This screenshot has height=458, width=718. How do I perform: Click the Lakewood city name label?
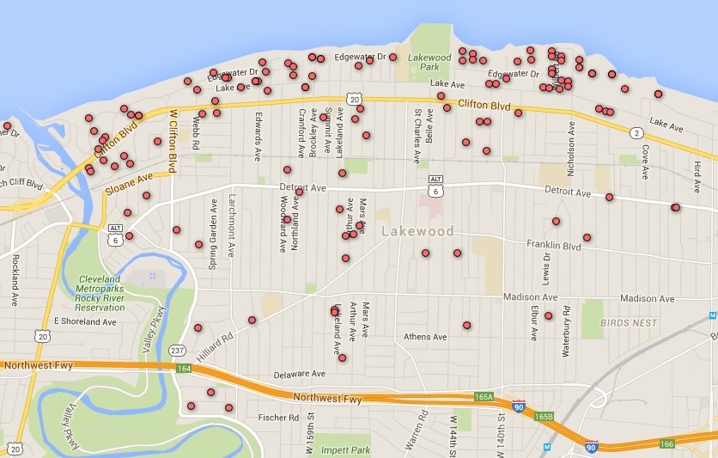click(x=417, y=231)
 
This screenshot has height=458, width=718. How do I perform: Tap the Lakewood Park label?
click(x=429, y=62)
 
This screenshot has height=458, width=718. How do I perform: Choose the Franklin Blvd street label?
click(x=554, y=246)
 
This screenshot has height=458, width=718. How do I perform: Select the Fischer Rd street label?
click(x=278, y=418)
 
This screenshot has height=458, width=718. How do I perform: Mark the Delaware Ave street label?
click(x=300, y=375)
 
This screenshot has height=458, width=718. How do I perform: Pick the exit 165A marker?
click(x=484, y=397)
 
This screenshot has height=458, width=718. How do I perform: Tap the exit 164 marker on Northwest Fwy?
click(x=183, y=368)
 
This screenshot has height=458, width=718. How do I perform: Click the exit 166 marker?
click(x=667, y=443)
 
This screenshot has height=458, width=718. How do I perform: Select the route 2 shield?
click(x=636, y=132)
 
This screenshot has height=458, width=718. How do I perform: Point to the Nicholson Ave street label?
click(x=570, y=142)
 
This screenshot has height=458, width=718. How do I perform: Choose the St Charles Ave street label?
click(x=417, y=136)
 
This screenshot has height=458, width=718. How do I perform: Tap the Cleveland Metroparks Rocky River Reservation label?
click(x=113, y=293)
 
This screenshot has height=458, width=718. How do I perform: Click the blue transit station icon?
click(x=547, y=446)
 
